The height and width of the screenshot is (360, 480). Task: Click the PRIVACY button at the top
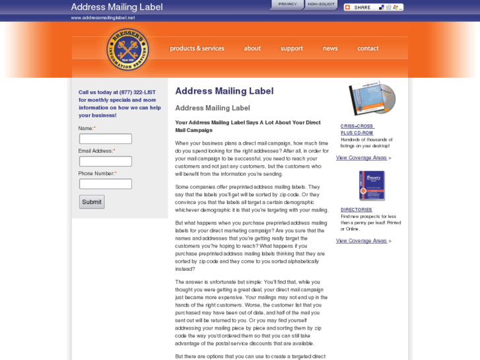tap(287, 5)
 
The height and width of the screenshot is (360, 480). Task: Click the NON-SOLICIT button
tap(322, 5)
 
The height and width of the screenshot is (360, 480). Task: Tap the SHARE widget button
tap(373, 7)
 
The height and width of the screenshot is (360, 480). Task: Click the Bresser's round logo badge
tap(127, 49)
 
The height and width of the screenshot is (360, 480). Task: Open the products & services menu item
tap(197, 48)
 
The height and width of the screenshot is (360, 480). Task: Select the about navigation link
tap(252, 48)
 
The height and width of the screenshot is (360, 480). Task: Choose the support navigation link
tap(291, 48)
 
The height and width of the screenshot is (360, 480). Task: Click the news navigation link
tap(330, 48)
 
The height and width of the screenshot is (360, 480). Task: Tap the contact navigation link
tap(368, 48)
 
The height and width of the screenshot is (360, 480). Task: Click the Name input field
tap(106, 139)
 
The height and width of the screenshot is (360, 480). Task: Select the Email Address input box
tap(106, 161)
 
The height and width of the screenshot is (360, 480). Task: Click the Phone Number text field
tap(106, 184)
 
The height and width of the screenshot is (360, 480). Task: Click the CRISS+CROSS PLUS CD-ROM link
tap(357, 129)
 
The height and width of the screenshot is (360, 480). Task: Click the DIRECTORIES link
tap(357, 209)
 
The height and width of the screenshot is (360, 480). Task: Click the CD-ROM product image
tap(372, 98)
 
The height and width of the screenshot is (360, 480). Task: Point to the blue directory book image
tap(372, 186)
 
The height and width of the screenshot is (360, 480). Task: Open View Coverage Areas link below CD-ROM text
tap(361, 158)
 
